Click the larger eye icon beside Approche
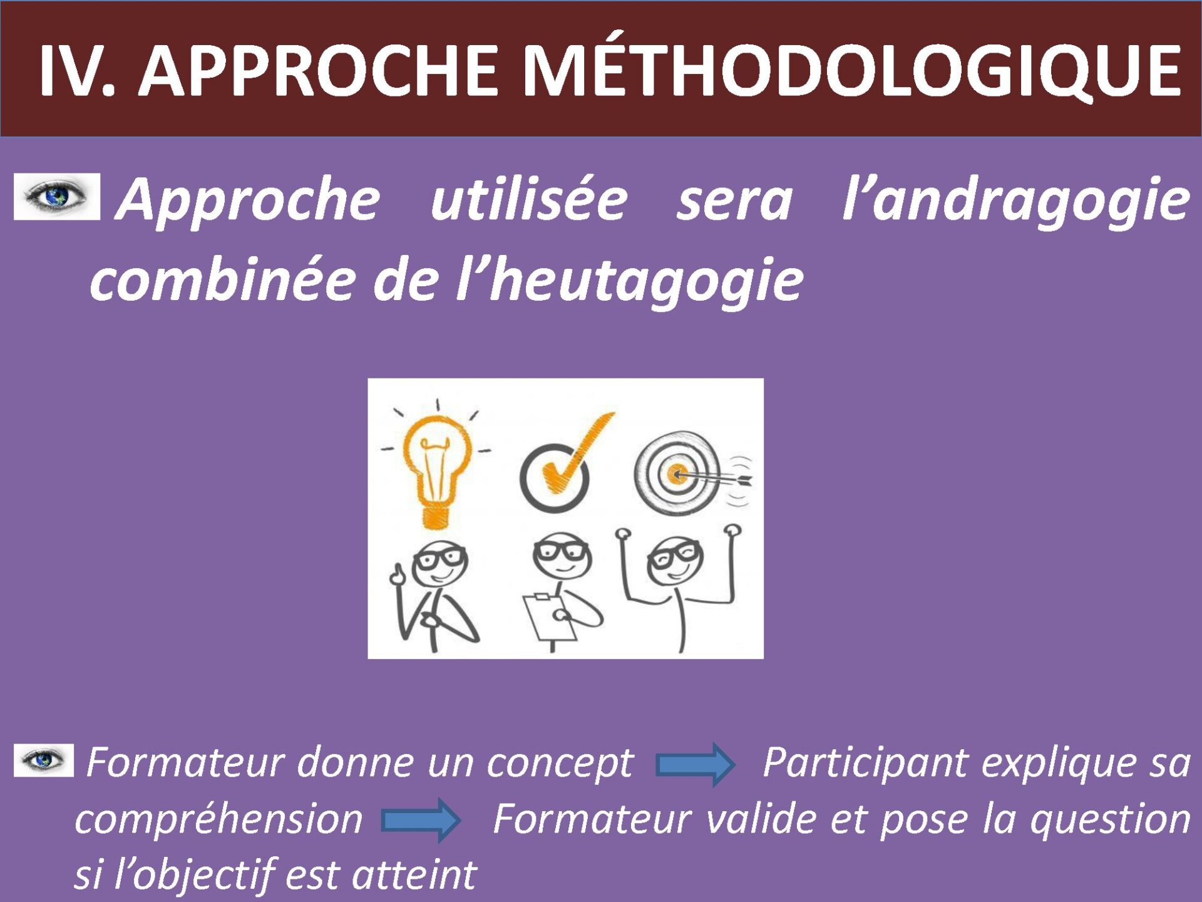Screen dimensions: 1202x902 click(57, 197)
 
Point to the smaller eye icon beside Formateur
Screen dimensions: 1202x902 click(44, 760)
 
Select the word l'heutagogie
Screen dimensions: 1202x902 click(629, 279)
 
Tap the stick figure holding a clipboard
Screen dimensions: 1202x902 click(561, 592)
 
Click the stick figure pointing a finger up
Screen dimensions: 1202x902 click(435, 595)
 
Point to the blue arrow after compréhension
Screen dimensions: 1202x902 click(421, 820)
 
